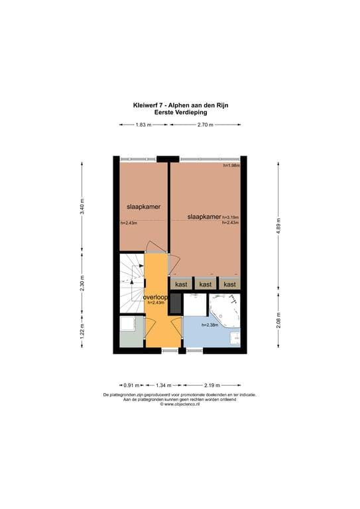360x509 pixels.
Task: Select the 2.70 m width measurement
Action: coord(205,125)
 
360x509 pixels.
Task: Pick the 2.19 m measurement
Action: coord(211,384)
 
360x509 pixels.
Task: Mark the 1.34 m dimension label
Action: coord(163,384)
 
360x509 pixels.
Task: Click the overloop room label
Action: coord(155,298)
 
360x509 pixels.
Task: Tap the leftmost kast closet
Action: coord(182,284)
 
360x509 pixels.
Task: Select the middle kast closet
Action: coord(206,284)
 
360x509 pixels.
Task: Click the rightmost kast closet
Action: coord(229,284)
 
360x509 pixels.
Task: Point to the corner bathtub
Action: coord(225,310)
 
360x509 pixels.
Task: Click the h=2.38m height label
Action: coord(210,325)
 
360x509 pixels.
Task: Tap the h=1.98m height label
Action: coord(231,165)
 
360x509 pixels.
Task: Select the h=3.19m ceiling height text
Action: coord(230,217)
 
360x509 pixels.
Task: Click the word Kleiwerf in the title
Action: coord(145,105)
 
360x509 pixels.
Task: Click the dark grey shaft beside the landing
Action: coord(176,303)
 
